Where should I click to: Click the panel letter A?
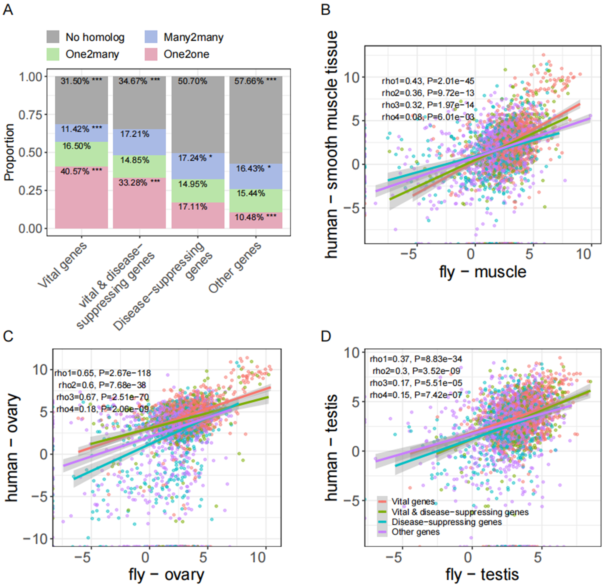click(x=8, y=9)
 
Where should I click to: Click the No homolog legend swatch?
click(x=53, y=37)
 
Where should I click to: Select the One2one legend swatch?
click(x=151, y=54)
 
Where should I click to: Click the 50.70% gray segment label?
click(x=192, y=81)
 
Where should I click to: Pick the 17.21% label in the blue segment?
click(x=135, y=134)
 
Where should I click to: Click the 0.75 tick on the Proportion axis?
click(x=30, y=115)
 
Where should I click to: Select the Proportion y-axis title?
click(x=9, y=152)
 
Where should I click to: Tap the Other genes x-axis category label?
click(x=235, y=268)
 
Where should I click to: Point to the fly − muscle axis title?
click(x=483, y=272)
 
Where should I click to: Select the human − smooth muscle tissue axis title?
click(x=332, y=144)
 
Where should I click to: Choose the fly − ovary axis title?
click(x=166, y=575)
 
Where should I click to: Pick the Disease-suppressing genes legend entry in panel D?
click(x=446, y=522)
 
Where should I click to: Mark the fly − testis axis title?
click(x=482, y=575)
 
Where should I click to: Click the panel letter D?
click(x=325, y=336)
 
